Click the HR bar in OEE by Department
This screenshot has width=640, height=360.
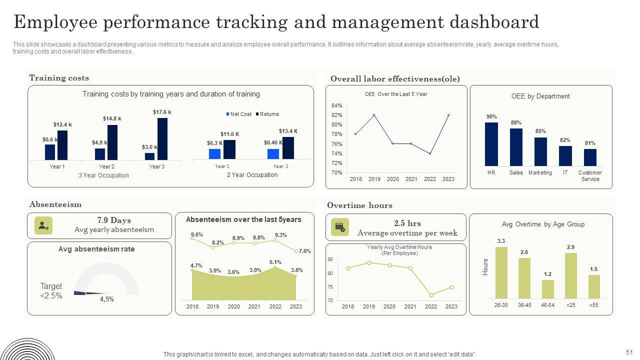491,144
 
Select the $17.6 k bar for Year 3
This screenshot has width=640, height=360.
162,139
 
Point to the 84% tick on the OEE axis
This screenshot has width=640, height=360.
336,105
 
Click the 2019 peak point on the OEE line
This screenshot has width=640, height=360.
374,115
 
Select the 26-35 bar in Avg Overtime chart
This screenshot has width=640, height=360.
501,272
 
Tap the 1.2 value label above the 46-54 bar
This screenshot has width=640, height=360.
547,274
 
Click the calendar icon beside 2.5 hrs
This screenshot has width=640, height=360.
340,227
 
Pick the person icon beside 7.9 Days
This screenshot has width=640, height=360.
43,225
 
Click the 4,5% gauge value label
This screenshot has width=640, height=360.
107,299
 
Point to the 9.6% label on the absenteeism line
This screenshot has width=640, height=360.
197,234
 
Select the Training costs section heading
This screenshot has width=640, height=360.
59,78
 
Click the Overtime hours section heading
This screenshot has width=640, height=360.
359,205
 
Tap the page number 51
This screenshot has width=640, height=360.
629,352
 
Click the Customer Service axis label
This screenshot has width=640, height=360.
590,175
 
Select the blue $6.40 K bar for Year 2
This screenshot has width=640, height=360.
273,153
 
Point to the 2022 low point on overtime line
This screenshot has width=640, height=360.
431,295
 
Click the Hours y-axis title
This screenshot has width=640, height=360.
485,266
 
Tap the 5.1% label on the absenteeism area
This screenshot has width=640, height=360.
275,262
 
